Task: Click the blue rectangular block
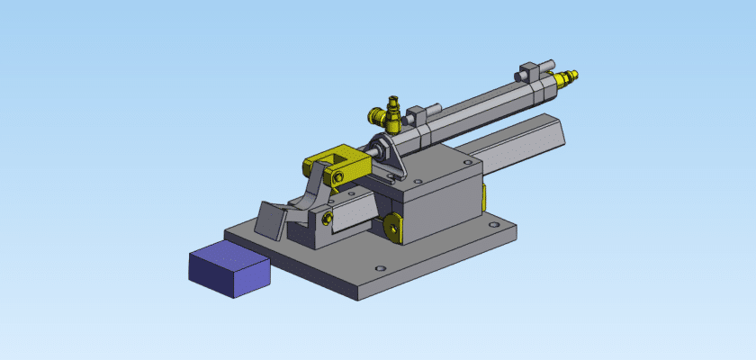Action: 229,269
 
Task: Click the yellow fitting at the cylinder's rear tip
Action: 566,78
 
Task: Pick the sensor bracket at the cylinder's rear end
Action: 535,68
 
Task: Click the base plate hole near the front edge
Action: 379,268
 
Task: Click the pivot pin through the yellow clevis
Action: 337,178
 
